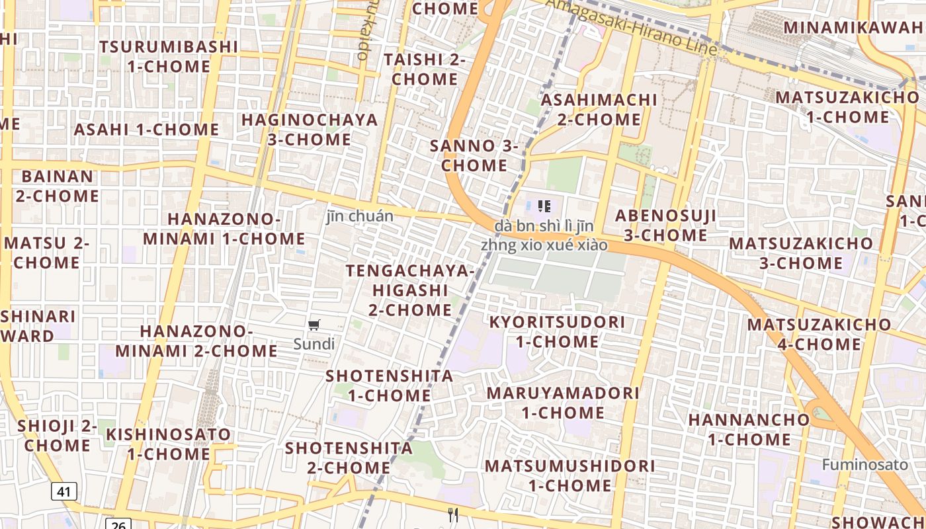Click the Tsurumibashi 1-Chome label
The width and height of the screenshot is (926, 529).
[169, 57]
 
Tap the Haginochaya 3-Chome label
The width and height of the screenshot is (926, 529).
[310, 130]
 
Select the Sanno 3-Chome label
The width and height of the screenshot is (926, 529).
[474, 155]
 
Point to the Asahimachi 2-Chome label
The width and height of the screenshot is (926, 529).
[599, 110]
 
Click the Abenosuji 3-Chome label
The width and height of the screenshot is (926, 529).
[665, 225]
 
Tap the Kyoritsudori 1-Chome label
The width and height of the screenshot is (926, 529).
[557, 332]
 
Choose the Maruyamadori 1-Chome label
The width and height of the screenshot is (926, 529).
[563, 403]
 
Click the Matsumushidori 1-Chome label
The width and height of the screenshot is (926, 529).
[570, 475]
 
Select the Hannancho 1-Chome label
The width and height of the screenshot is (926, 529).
[749, 429]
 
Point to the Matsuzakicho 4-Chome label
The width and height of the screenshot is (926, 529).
[820, 334]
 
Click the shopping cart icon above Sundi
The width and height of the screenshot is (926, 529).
[314, 325]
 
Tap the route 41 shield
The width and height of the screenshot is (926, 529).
[63, 491]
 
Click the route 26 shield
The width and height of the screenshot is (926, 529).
[118, 524]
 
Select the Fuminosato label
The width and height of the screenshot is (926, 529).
[865, 464]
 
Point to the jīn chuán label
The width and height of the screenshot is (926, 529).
[360, 216]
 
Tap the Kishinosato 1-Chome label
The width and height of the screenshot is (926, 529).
[169, 444]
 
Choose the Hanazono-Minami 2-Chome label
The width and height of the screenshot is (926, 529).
[196, 341]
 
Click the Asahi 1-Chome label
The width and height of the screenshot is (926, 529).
[146, 130]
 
